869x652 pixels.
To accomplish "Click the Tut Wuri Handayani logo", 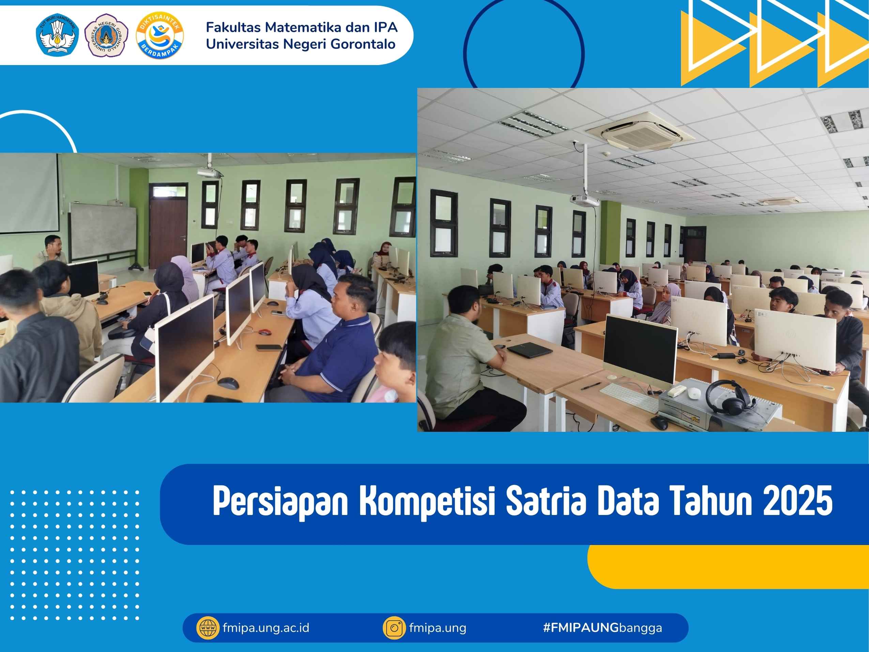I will [58, 35].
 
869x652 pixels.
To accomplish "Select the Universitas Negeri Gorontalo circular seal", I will [106, 35].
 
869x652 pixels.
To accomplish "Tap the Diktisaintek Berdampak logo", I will [159, 35].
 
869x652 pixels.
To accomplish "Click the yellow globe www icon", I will [208, 628].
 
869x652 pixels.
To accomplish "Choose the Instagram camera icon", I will [394, 628].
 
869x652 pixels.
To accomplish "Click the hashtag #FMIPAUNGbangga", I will [602, 628].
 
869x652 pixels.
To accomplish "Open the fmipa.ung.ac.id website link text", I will [265, 628].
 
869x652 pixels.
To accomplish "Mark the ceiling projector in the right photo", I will [584, 201].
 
